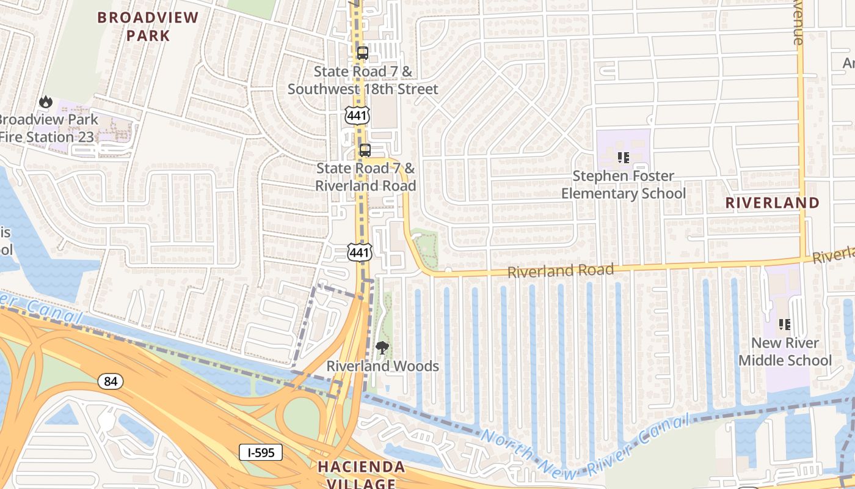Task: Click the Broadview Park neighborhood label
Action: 148,26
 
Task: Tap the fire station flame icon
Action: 45,102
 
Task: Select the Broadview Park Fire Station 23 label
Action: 48,128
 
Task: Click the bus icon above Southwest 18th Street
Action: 363,53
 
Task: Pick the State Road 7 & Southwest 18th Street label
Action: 363,80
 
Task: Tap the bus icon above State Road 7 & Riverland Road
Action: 365,150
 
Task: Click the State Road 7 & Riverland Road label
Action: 366,177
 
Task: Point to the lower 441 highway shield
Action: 360,252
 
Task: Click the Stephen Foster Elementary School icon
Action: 624,158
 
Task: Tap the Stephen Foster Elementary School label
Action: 624,185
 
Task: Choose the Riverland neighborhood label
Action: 772,202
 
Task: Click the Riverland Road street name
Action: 560,271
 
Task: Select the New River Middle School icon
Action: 785,325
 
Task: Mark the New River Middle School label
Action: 785,351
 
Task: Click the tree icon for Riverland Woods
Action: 382,348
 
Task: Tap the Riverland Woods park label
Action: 382,366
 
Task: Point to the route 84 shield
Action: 110,381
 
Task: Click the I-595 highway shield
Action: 260,452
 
